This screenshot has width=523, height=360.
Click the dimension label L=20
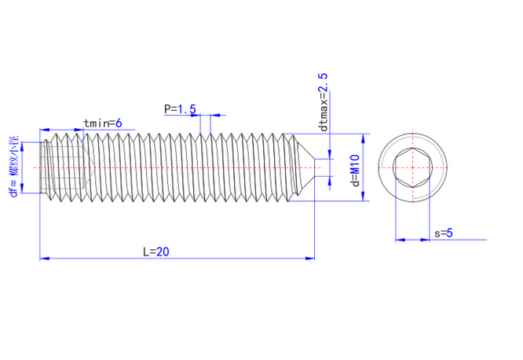tap(156, 252)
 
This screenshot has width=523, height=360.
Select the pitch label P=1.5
tap(180, 108)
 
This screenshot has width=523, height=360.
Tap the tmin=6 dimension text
tap(102, 123)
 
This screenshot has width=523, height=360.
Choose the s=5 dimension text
tap(444, 233)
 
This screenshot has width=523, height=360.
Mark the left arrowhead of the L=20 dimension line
tap(44, 257)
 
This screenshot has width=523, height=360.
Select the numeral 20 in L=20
tap(163, 252)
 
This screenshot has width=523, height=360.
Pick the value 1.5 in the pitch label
tap(187, 108)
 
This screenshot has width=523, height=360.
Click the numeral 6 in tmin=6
tap(119, 123)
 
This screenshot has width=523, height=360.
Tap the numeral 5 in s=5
tap(451, 233)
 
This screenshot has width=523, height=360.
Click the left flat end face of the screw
tap(41, 167)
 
